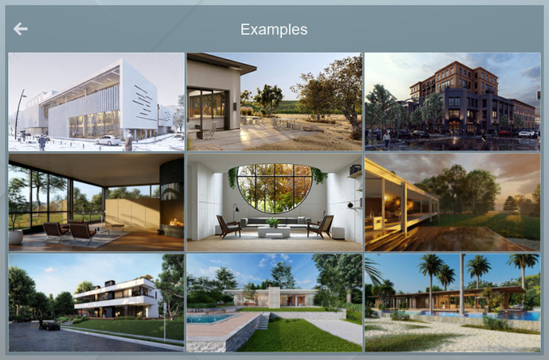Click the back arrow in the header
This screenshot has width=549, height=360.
click(20, 29)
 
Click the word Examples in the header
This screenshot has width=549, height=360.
click(274, 29)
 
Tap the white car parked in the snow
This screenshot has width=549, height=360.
click(107, 140)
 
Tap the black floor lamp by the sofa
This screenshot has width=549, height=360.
click(234, 214)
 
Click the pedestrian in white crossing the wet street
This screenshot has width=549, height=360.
click(387, 139)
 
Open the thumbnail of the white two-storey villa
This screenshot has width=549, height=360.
click(96, 302)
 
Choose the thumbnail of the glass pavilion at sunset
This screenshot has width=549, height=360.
click(452, 203)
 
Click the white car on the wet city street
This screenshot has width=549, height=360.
click(525, 133)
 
